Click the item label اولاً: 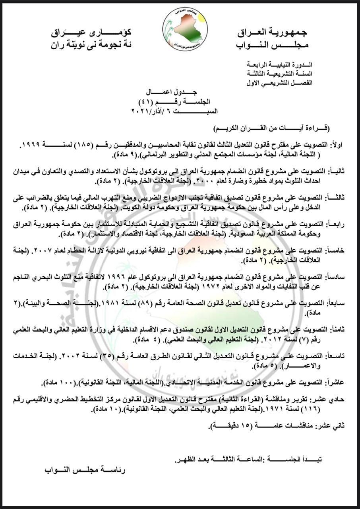tap(334, 146)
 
